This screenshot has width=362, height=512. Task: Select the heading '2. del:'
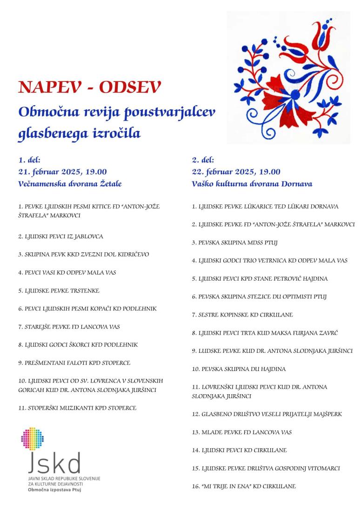coord(203,160)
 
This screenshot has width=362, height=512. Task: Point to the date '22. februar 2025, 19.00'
coord(236,172)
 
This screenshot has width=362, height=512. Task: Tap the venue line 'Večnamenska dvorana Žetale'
coord(70,184)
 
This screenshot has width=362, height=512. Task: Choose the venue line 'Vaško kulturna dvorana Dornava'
coord(252,184)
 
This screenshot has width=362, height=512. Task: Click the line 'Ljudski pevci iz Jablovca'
coord(61,236)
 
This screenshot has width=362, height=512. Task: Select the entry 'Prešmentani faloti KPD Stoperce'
coord(74,363)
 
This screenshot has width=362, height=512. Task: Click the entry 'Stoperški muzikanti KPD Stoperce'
coord(77,408)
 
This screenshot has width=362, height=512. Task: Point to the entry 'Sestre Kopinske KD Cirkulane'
coord(242,315)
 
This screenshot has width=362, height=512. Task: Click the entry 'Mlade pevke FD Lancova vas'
coord(241,432)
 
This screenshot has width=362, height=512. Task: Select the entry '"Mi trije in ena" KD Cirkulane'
coord(244,486)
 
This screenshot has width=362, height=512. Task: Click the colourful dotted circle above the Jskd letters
coord(32,439)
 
